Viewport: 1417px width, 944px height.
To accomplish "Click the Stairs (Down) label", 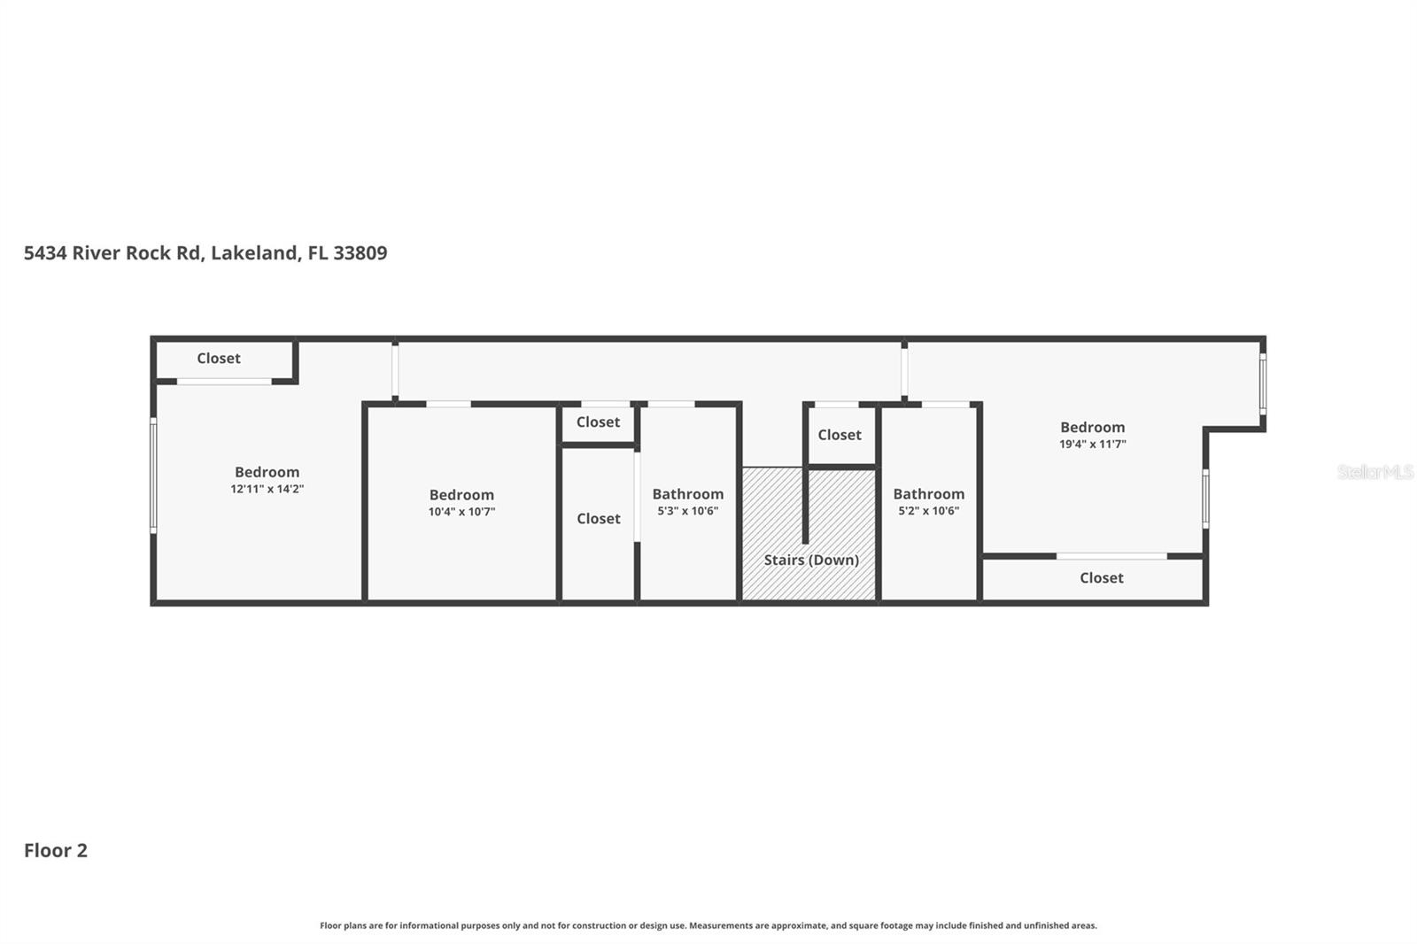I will (x=811, y=560).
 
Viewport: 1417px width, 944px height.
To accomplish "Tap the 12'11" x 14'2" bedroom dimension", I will (x=267, y=489).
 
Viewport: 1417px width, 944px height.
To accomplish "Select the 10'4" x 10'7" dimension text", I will (x=461, y=512).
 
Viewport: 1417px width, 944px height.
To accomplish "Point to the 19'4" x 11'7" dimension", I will (x=1092, y=445).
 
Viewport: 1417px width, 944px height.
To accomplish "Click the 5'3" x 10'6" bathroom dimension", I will (x=687, y=511).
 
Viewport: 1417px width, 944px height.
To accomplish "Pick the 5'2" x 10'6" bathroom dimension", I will (x=928, y=511).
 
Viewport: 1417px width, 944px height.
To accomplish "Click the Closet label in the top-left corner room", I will (x=219, y=359).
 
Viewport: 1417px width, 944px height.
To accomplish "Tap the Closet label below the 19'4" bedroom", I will (x=1101, y=578).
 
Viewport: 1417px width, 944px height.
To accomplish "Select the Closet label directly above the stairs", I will (x=839, y=435).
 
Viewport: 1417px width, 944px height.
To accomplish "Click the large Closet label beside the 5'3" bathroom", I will (x=598, y=519).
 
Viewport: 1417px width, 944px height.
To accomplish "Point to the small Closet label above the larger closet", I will (x=598, y=422).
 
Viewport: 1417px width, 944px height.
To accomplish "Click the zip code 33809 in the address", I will (x=360, y=253).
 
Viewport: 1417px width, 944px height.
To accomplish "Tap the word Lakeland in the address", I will (x=254, y=253).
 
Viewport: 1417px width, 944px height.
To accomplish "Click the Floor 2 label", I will (x=55, y=851).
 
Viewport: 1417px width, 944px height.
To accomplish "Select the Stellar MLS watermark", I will (x=1374, y=472).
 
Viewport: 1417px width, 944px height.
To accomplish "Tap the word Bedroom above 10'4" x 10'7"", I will (x=461, y=495).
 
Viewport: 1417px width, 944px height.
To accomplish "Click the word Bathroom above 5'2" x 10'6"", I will (x=928, y=494).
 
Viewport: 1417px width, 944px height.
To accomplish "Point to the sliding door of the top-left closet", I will (x=224, y=382).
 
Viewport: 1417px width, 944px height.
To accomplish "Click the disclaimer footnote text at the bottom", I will (x=708, y=925).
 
